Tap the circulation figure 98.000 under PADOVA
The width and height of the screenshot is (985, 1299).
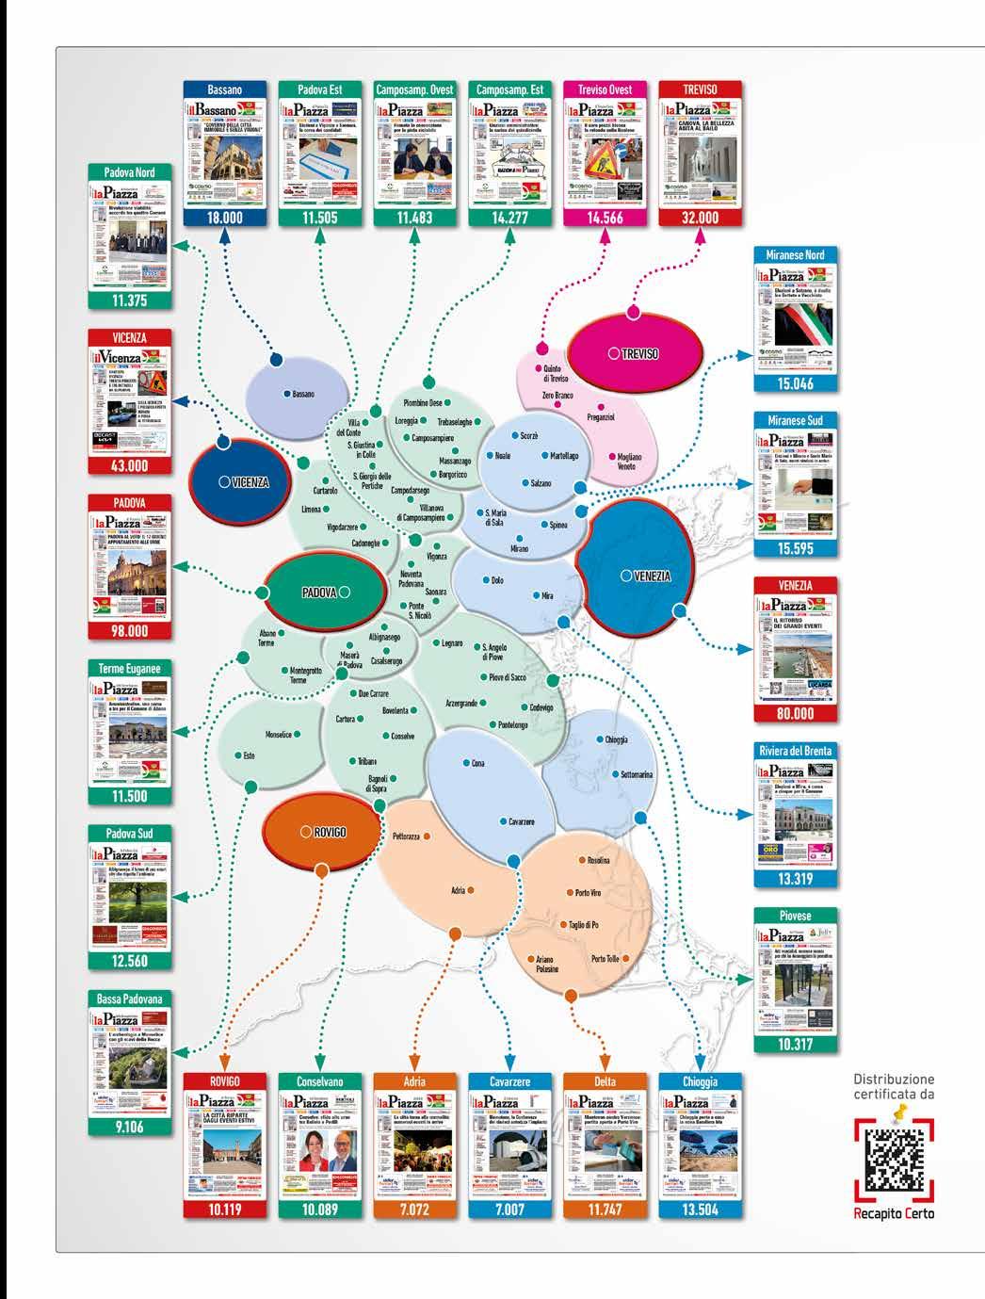[x=130, y=631]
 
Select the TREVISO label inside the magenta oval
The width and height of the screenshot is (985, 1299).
[x=639, y=353]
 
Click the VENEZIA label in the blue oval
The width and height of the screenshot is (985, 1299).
[x=645, y=576]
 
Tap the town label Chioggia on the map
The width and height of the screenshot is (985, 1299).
[x=617, y=740]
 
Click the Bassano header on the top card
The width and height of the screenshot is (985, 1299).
[x=225, y=89]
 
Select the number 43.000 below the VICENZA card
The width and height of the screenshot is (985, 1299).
[x=130, y=465]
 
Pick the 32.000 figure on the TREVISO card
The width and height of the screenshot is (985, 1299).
[x=700, y=218]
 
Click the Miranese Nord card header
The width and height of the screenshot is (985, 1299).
[x=796, y=255]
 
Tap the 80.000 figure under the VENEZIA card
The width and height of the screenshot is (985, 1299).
[x=796, y=714]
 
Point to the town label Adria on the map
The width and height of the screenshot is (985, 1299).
[x=459, y=889]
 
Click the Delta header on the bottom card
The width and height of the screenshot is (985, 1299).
[x=605, y=1082]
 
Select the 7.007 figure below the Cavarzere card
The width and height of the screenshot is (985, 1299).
[x=509, y=1210]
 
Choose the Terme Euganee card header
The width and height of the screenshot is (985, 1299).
[x=130, y=669]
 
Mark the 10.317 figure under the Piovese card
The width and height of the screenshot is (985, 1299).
[x=796, y=1045]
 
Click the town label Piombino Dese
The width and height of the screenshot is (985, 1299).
[x=415, y=402]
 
